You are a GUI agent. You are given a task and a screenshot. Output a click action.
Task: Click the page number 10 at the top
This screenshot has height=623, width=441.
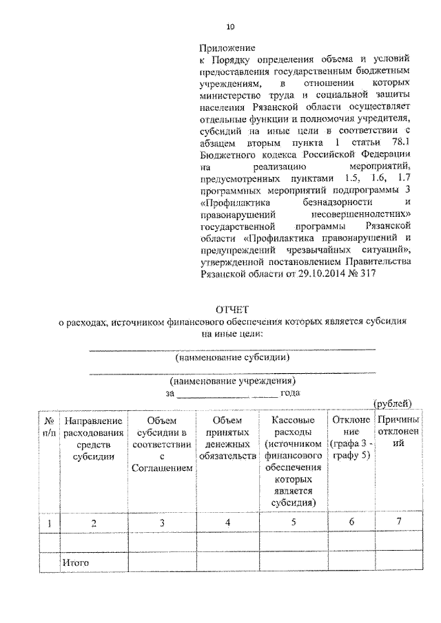[x=230, y=27]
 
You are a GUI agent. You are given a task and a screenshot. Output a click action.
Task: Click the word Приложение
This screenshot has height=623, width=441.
[x=223, y=48]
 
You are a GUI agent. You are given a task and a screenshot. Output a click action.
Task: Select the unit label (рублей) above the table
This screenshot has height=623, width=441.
[x=392, y=403]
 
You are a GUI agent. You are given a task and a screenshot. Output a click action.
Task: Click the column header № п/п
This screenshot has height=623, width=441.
[x=50, y=425]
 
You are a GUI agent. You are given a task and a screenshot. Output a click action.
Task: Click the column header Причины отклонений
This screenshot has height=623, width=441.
[x=399, y=430]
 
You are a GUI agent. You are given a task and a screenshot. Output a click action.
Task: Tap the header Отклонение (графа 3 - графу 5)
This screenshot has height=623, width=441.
[x=351, y=436]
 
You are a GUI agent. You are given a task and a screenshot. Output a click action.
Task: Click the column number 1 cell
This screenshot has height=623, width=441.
[x=50, y=522]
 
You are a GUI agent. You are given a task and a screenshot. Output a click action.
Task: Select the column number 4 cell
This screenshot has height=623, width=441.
[x=227, y=522]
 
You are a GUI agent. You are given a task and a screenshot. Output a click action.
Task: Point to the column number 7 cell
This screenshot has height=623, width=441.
[x=399, y=522]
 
